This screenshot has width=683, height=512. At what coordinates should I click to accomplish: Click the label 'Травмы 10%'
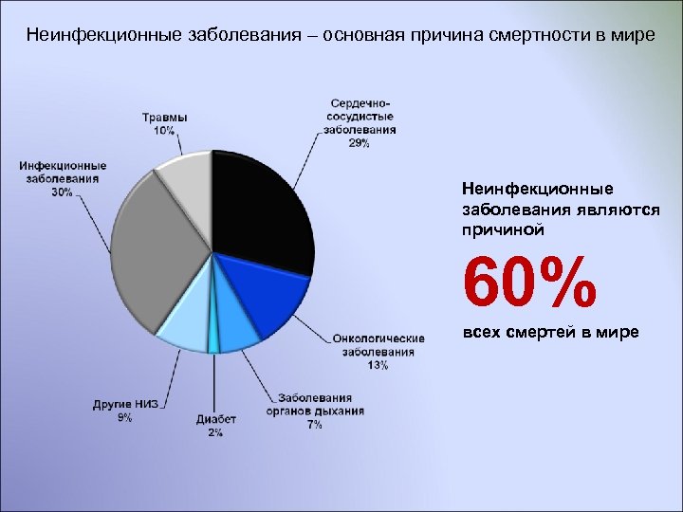[x=164, y=124]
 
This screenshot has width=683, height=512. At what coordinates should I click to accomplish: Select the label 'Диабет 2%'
[x=215, y=426]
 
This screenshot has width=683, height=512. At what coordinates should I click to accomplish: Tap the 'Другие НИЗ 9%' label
[x=125, y=411]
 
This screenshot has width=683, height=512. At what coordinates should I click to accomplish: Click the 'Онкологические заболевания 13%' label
[x=378, y=352]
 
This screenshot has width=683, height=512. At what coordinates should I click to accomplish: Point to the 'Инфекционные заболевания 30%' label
[x=63, y=178]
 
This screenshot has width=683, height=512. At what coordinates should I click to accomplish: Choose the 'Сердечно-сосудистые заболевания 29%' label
[x=360, y=122]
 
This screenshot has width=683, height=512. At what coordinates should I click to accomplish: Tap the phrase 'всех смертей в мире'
[x=549, y=333]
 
